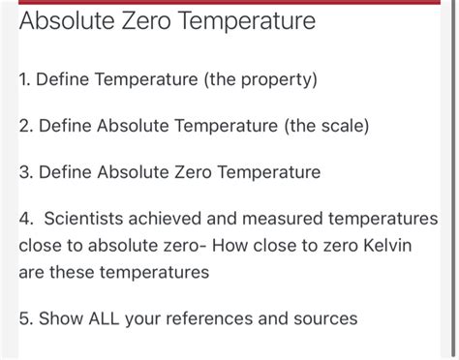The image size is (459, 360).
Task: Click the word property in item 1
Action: click(x=274, y=78)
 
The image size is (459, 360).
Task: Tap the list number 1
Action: click(x=23, y=78)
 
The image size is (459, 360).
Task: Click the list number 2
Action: click(x=24, y=126)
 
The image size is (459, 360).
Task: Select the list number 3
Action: click(x=24, y=173)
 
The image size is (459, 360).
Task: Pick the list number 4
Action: click(x=24, y=220)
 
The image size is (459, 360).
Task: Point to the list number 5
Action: click(x=24, y=318)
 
